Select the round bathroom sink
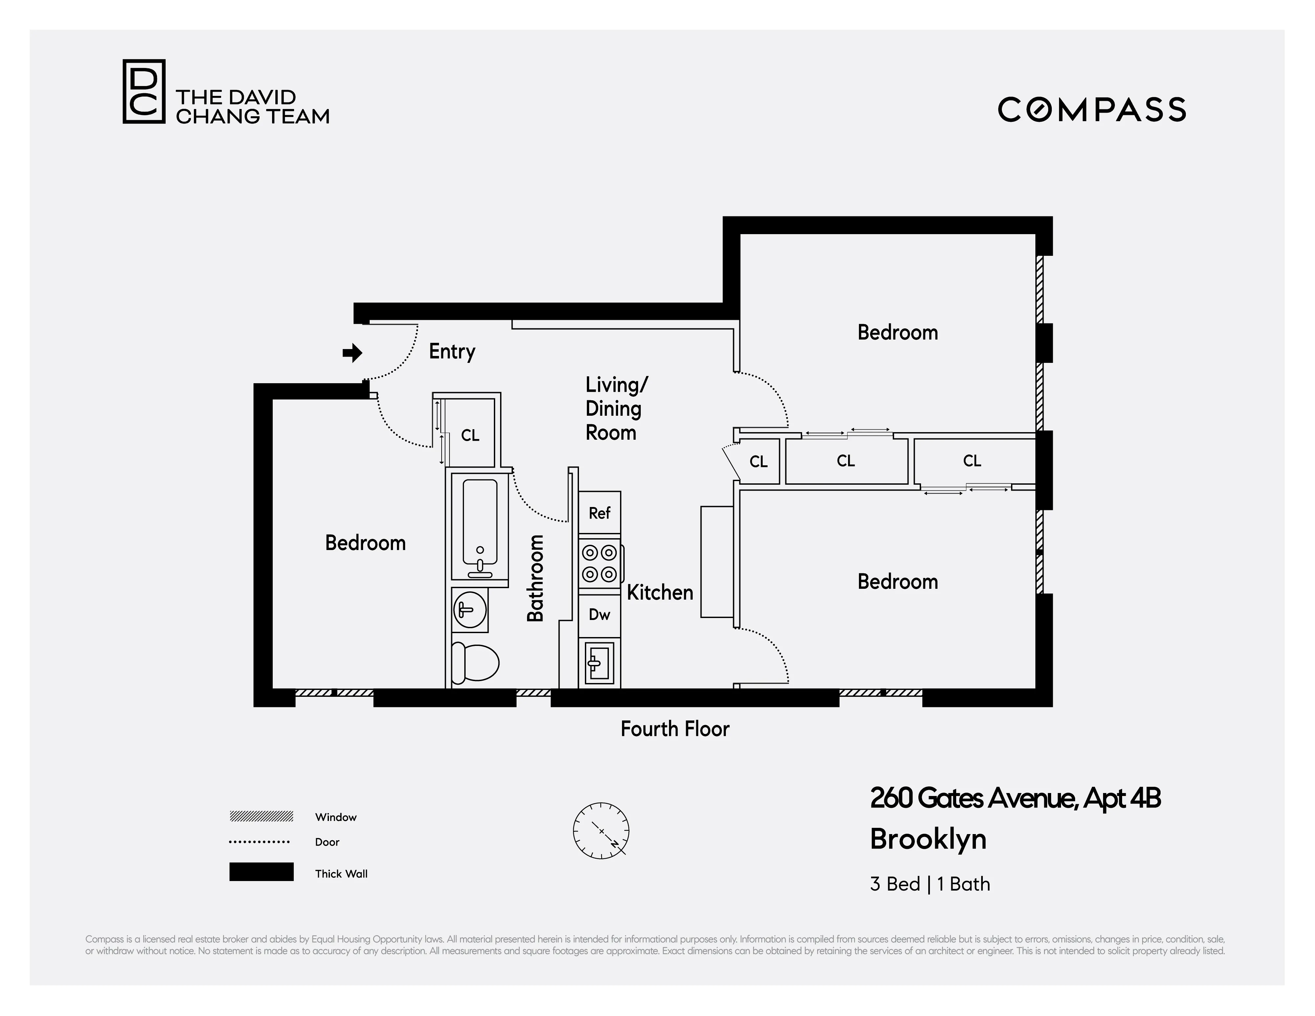tap(470, 610)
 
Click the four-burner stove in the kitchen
tap(600, 563)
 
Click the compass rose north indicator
tap(601, 830)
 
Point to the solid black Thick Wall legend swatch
tap(261, 872)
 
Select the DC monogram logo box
tap(144, 92)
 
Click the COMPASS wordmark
tap(1092, 110)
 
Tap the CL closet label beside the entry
tap(470, 435)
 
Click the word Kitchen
tap(660, 593)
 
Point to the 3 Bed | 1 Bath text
tap(930, 884)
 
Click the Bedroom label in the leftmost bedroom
tap(365, 543)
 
